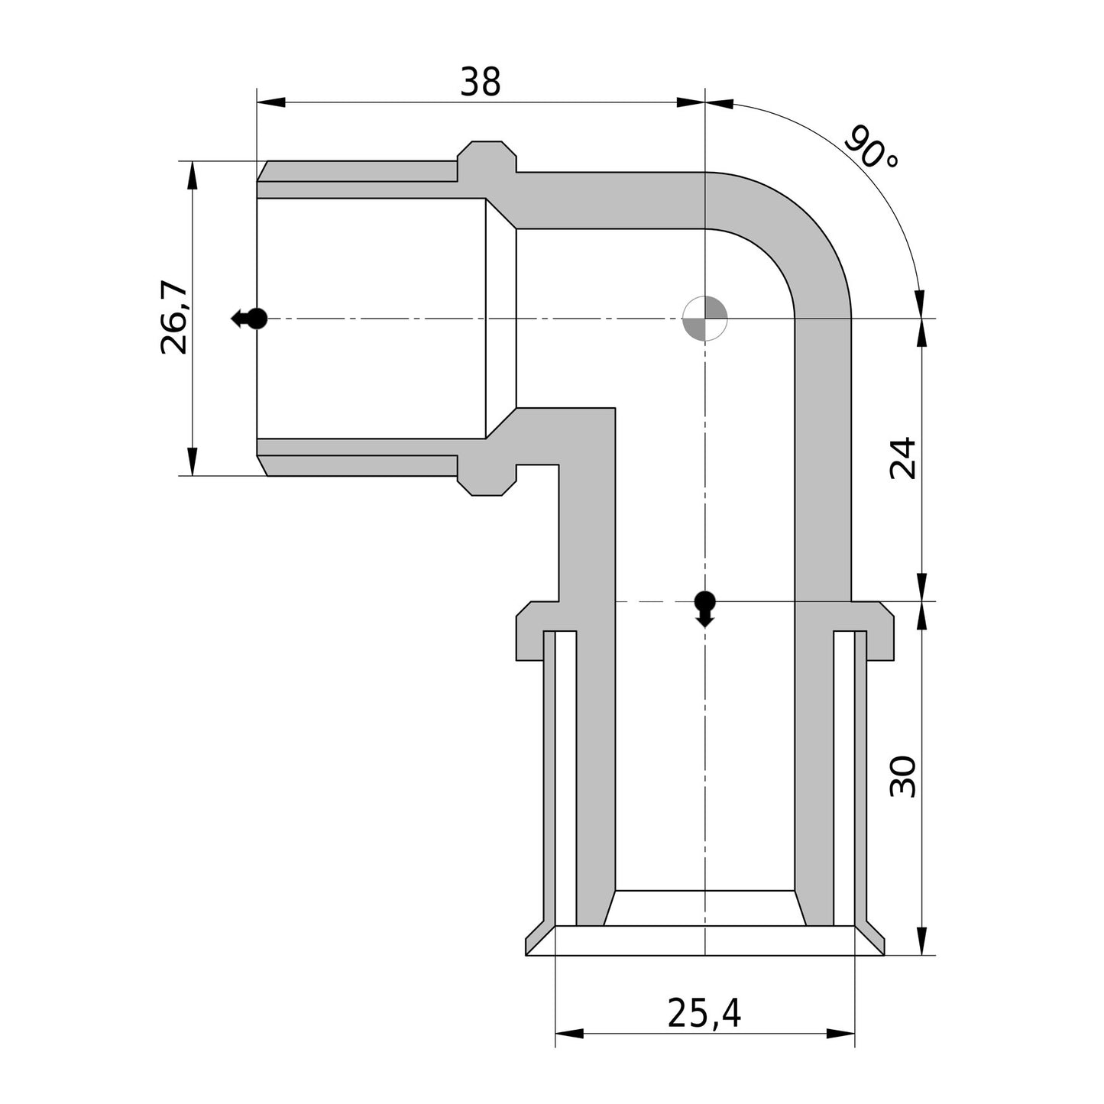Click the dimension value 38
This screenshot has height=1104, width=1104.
pos(480,82)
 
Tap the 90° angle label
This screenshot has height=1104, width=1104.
pos(872,147)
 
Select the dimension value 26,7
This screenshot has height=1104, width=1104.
pos(174,318)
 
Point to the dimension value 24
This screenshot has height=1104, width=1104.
pos(903,458)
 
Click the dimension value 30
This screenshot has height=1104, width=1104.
pos(903,776)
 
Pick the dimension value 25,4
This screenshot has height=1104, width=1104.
pos(704,1014)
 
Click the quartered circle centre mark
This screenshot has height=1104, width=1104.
pos(704,318)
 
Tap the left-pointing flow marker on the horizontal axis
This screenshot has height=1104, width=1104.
pos(249,318)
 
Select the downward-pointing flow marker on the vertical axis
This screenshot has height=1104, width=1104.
pos(704,608)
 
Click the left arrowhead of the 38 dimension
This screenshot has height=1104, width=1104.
pos(271,102)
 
